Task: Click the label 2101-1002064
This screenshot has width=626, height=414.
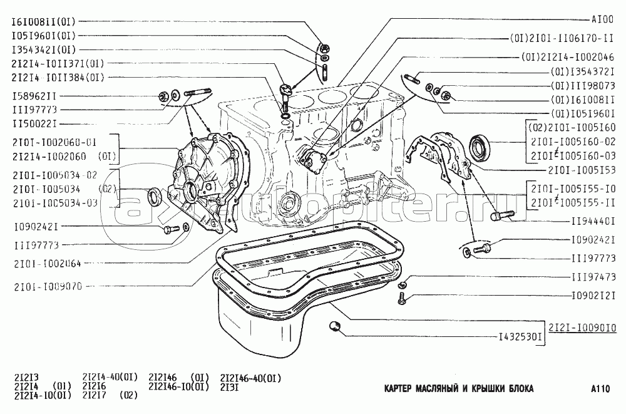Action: tap(45, 264)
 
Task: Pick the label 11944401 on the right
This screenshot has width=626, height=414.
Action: tap(592, 221)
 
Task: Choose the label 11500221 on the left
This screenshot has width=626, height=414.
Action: tap(37, 123)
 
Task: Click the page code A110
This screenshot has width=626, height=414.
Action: tap(599, 389)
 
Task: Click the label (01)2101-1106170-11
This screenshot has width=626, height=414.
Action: tap(562, 39)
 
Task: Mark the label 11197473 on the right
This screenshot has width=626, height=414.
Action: tap(592, 276)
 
